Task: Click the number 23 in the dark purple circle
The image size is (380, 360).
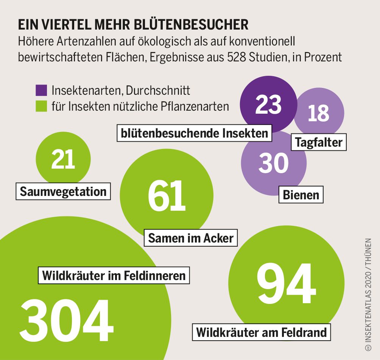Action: (x=268, y=105)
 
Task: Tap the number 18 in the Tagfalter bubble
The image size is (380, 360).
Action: (x=318, y=113)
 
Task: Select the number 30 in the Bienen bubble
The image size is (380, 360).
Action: (x=274, y=163)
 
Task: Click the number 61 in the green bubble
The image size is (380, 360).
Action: (x=167, y=196)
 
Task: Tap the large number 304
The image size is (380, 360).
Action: (x=67, y=321)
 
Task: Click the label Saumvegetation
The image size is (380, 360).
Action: (x=63, y=191)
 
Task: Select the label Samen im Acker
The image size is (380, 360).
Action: (x=191, y=238)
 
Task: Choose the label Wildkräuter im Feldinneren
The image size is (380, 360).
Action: (x=114, y=275)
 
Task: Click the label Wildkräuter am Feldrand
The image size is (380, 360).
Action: (x=261, y=332)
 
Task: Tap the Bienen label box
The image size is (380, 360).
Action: (x=301, y=195)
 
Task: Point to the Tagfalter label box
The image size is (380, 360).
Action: (x=318, y=142)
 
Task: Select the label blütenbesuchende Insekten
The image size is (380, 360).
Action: (x=195, y=133)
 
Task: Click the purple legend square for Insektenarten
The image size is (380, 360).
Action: (x=41, y=90)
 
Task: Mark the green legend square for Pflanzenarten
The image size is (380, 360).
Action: (x=41, y=106)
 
